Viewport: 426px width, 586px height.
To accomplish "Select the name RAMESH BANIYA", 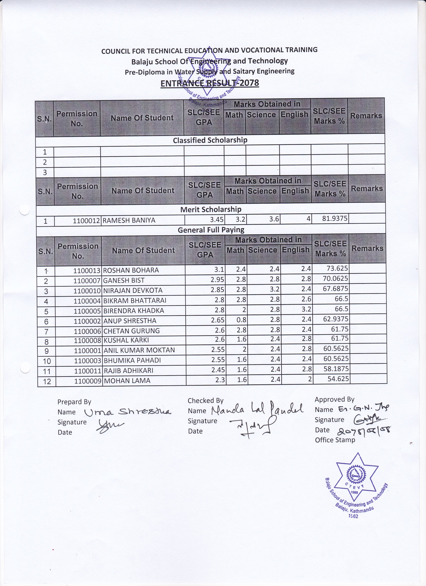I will point(129,220).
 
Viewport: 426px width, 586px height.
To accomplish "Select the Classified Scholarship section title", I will point(210,140).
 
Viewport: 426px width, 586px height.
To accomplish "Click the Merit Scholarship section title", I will point(211,209).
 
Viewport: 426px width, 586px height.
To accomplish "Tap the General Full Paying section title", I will point(211,230).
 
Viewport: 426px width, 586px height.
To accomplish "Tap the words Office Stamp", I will point(335,440).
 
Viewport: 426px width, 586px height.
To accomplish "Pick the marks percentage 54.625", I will point(338,379).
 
